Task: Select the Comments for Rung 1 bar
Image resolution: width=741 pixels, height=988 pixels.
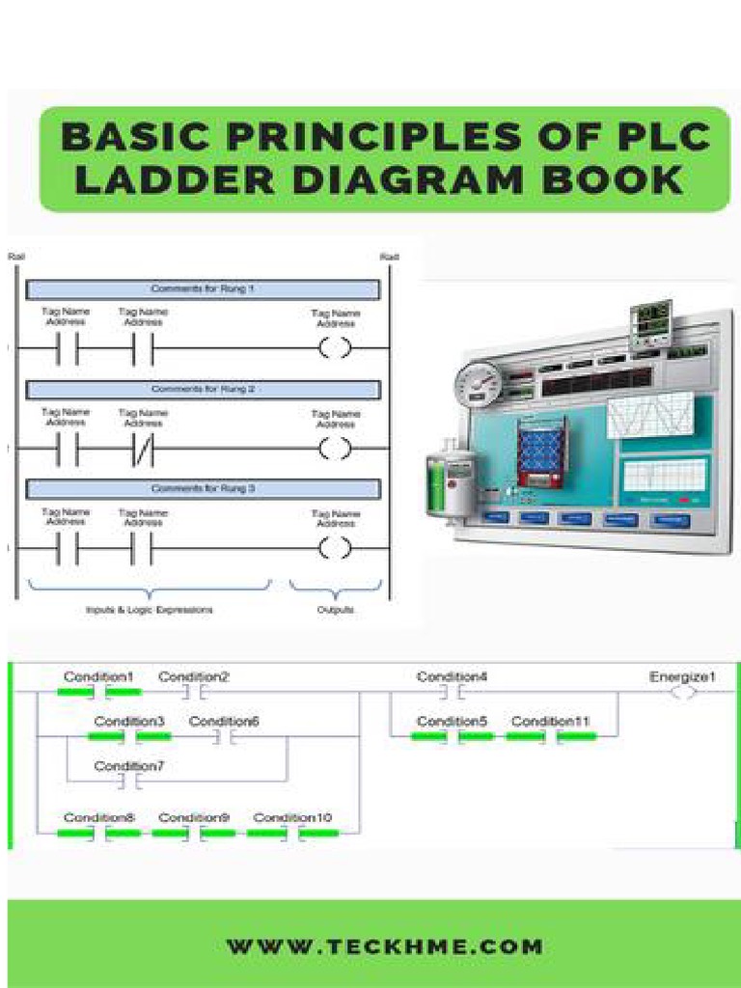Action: pos(203,289)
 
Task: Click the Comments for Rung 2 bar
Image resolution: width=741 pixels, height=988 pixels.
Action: pos(203,390)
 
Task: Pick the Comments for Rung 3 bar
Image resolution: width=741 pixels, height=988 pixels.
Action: pos(203,489)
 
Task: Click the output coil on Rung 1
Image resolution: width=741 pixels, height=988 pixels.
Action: pos(335,348)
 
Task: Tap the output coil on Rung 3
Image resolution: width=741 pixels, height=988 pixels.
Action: pos(335,549)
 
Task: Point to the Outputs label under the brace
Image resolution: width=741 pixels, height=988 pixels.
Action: pos(335,610)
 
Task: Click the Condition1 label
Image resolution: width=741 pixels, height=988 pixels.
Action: pos(98,677)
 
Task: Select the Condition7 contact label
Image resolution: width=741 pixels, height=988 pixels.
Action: pos(129,766)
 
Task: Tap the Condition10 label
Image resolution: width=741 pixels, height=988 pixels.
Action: pos(292,818)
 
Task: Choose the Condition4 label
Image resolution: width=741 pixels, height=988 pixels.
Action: pos(452,677)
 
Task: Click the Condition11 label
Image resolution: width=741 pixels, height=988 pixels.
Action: pos(550,722)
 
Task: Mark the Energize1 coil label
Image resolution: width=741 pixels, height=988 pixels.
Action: pos(682,677)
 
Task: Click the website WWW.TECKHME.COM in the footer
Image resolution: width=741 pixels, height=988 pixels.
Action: pos(384,947)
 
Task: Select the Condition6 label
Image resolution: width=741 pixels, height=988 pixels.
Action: pos(224,722)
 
